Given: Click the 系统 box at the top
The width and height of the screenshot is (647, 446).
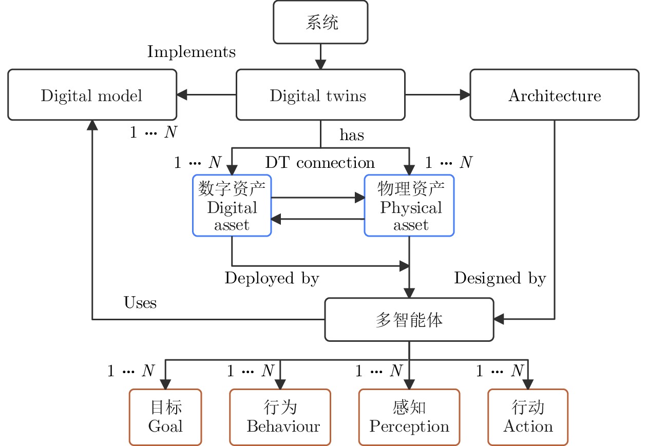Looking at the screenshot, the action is point(320,22).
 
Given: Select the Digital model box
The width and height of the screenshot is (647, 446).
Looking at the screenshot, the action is point(92,94).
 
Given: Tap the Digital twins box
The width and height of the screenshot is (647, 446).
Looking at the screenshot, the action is point(320,94).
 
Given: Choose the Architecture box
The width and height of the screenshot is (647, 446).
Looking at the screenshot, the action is point(555,94).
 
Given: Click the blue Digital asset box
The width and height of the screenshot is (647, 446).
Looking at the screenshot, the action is point(232,205).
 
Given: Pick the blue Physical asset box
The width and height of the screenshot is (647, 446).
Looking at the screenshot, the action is point(409,205).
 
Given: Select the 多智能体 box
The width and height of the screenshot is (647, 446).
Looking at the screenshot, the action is point(409,320).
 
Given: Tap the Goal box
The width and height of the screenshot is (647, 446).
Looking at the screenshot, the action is point(165,417).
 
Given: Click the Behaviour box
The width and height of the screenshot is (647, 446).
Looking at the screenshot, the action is point(280,417).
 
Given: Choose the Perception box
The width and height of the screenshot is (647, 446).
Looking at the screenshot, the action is point(409,417).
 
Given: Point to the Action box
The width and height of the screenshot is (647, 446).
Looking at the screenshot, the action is point(528,417).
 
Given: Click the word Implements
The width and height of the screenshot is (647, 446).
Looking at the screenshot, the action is point(192,52).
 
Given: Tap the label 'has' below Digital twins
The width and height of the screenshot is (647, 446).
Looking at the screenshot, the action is point(352,135).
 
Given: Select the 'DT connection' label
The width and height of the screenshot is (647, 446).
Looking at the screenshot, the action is point(320,163).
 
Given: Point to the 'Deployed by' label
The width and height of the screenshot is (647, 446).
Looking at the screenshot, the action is point(272,278).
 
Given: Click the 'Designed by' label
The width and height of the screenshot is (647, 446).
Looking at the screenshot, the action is point(500,278).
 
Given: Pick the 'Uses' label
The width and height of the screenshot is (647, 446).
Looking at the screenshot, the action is point(140,302).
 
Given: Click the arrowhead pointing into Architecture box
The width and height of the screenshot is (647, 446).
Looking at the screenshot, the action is point(465,94).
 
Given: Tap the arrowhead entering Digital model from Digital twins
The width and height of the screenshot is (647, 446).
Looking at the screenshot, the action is point(182,94).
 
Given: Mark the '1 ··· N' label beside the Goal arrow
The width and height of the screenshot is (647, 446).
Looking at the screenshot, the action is point(131,371).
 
